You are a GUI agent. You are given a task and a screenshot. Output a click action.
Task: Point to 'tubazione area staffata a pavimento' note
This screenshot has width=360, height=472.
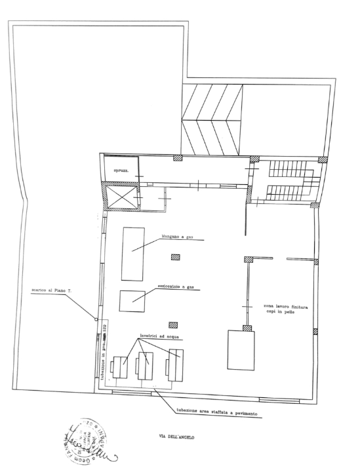(216, 413)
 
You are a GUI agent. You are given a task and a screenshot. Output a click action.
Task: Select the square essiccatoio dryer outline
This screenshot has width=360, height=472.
(132, 300)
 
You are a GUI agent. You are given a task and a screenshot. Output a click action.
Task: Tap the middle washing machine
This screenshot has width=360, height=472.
(145, 365)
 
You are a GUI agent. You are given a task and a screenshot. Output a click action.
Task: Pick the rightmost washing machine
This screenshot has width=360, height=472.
(175, 364)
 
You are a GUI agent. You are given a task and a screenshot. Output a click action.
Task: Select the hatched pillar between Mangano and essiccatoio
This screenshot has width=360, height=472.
(175, 256)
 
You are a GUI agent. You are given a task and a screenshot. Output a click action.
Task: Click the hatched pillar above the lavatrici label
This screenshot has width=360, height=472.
(174, 324)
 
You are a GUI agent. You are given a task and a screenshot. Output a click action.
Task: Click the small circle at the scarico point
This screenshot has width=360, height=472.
(96, 320)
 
